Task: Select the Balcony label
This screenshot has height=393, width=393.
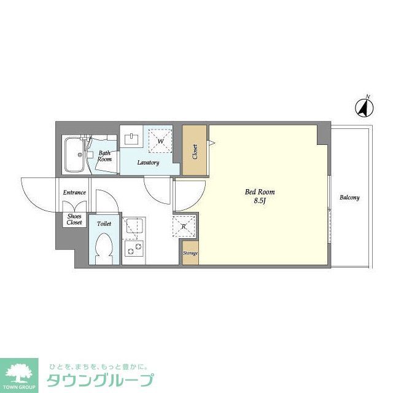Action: point(349,198)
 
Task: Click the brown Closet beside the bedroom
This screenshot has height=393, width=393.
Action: point(195,150)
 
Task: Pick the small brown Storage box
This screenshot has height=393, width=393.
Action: point(190,253)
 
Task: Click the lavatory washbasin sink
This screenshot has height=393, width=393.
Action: point(131,138)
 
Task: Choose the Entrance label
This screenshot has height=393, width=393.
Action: point(74,193)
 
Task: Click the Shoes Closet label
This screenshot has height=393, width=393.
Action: point(74,219)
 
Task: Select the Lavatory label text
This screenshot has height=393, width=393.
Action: point(148,163)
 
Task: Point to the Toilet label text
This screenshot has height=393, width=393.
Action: point(104,224)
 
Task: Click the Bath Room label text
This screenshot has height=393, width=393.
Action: point(105,155)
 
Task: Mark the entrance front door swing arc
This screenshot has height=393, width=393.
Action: point(38,195)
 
